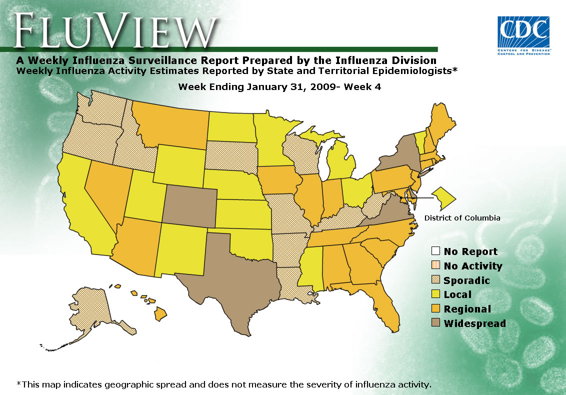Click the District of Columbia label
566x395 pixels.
[x=462, y=217]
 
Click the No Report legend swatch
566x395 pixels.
[x=435, y=251]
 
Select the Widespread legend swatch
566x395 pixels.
[x=435, y=323]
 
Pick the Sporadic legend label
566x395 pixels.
[x=466, y=280]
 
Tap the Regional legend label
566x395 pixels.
[x=467, y=309]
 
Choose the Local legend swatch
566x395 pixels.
[x=435, y=294]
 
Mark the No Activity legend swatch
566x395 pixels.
[x=435, y=265]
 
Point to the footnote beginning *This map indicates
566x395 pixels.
[x=223, y=384]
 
